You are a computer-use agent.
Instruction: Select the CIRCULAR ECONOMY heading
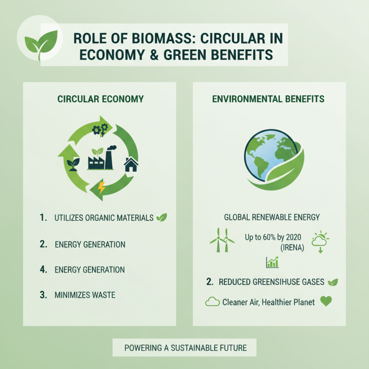101,99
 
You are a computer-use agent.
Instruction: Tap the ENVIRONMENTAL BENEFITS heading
268,99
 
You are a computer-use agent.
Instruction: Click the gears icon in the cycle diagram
100,130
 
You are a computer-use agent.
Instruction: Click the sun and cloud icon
320,241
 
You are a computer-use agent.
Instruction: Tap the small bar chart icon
272,263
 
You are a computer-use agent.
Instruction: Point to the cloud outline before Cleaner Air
212,303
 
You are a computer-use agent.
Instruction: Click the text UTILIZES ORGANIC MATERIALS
103,218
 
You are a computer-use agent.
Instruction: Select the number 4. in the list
43,269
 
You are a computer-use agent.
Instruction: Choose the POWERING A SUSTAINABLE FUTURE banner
184,348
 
